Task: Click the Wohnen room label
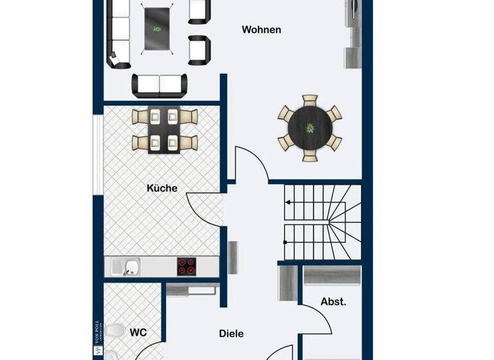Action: [x=261, y=30]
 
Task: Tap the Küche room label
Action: [x=162, y=188]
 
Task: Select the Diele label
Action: [x=231, y=334]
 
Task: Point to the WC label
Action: [x=138, y=332]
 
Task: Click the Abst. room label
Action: [x=333, y=301]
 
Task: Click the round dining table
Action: [x=309, y=128]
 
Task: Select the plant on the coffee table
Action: [x=157, y=28]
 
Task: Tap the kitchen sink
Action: [x=133, y=266]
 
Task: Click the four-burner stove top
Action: [x=187, y=266]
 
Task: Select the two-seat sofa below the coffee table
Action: [x=160, y=84]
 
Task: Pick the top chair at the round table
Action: [x=310, y=102]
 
